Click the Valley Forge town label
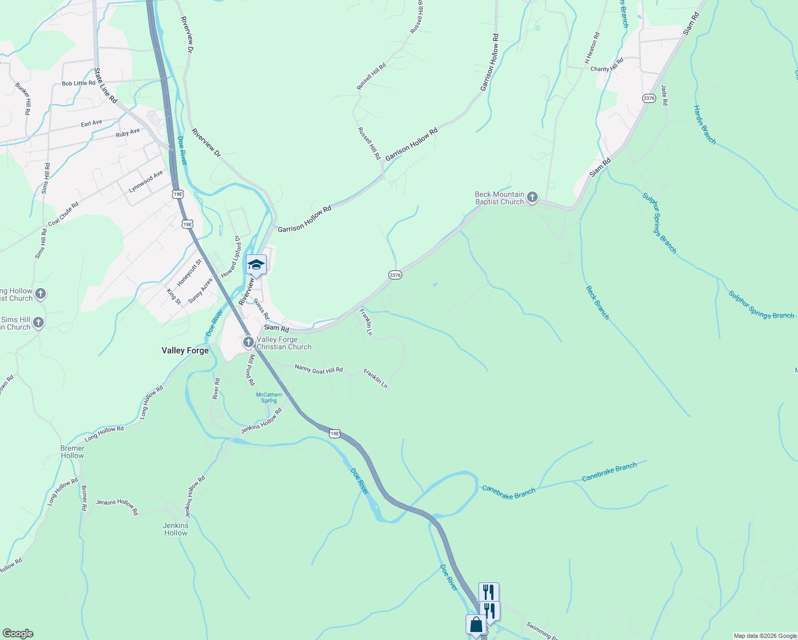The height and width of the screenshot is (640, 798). pos(185,350)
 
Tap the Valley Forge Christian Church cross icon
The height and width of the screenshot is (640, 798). pos(248,342)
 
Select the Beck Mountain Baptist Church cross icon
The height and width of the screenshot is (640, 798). pos(532,198)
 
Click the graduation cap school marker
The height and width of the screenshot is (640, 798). pos(256,265)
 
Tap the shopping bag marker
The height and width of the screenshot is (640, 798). pos(475,625)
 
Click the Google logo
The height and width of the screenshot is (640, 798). pos(18,634)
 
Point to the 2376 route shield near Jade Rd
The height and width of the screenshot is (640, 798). pos(649,98)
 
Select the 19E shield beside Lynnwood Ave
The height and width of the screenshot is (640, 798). pos(178,194)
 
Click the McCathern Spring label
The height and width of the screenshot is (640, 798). pos(269,398)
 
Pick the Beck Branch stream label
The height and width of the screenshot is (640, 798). pos(597,302)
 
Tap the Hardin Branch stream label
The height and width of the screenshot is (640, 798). pos(704,125)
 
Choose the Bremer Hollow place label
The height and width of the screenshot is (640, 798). pos(73,452)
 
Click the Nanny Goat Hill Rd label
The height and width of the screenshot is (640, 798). pos(318,369)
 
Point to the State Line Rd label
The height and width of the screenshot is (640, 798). pos(106,85)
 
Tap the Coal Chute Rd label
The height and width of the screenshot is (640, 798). pos(63,214)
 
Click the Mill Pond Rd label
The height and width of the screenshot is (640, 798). pos(250,370)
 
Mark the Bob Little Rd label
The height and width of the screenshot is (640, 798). pos(78,83)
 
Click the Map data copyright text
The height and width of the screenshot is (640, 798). pos(765,636)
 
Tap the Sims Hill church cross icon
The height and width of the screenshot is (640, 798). pos(38,322)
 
